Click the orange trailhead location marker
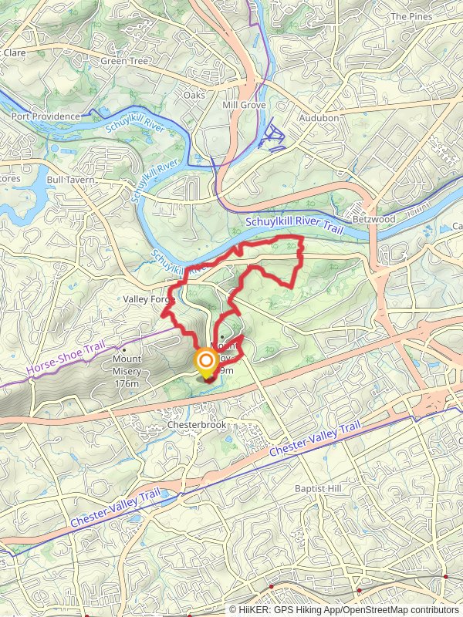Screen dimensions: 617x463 [x=207, y=362]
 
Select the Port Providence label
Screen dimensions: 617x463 [x=46, y=116]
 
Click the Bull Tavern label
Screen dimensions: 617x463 [x=70, y=180]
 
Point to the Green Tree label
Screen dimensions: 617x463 [x=124, y=61]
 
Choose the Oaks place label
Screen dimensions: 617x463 [x=194, y=95]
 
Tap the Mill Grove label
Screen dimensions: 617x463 [x=244, y=105]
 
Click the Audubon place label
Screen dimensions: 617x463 [x=319, y=118]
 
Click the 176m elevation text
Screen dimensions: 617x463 [x=127, y=383]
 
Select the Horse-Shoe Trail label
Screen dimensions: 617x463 [x=65, y=359]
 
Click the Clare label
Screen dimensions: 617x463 [x=14, y=52]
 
